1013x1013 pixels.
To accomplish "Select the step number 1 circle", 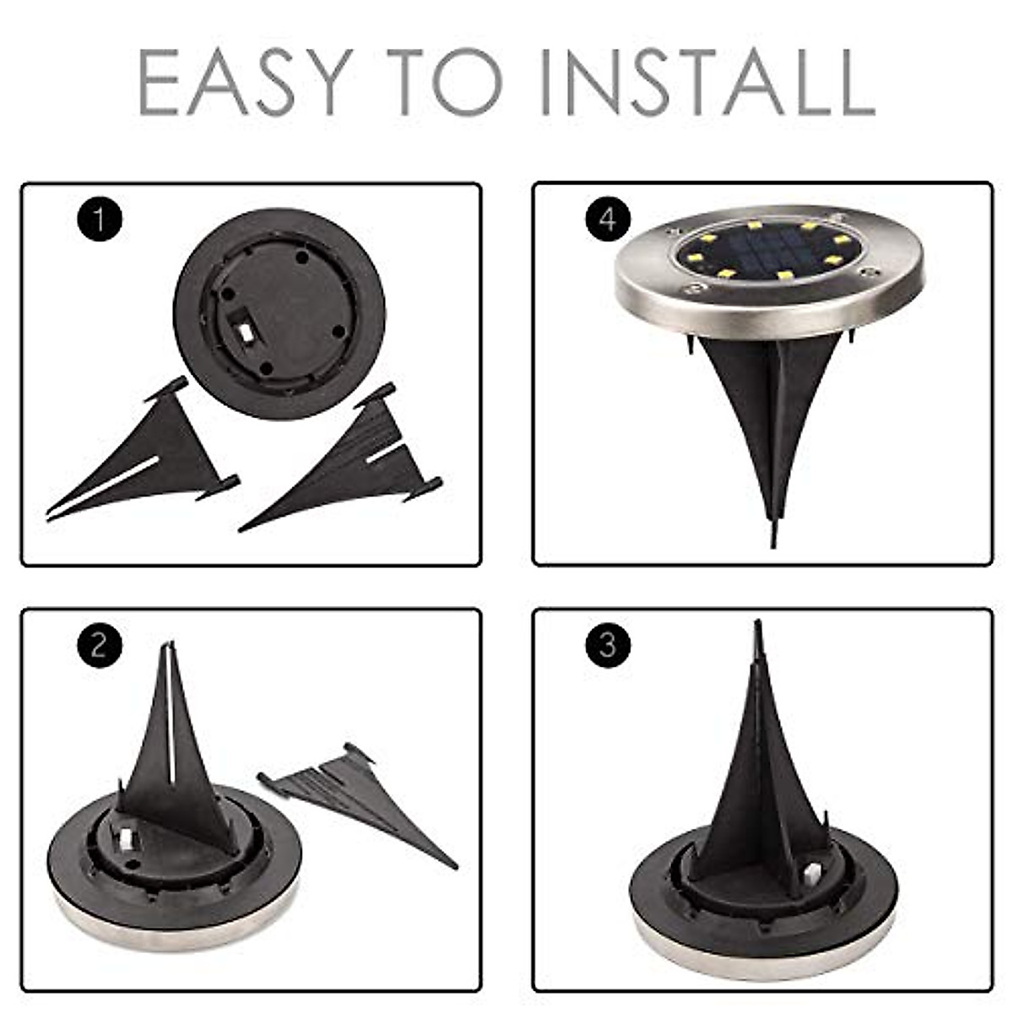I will [100, 219].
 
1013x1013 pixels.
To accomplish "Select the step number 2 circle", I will [100, 646].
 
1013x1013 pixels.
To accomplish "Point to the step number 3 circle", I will [608, 646].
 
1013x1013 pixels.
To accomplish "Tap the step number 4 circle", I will [608, 219].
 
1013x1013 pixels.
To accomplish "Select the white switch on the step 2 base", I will [127, 837].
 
